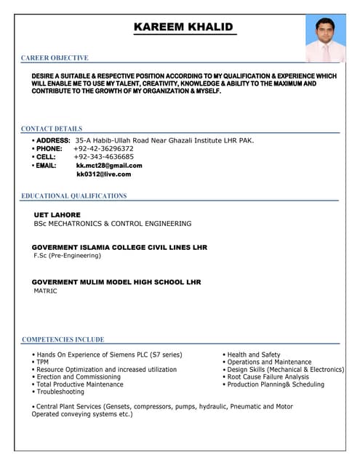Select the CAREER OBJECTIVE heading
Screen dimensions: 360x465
55,58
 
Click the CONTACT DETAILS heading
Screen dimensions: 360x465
52,129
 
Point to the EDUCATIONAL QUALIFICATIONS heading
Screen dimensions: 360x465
73,196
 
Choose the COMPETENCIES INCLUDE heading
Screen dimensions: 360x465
63,339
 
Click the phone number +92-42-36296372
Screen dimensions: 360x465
103,148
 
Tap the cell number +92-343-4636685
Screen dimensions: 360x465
103,157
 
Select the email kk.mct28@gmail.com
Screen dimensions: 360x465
109,166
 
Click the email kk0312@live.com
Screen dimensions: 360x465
103,174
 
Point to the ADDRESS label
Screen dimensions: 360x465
52,140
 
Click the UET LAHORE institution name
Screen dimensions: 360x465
57,215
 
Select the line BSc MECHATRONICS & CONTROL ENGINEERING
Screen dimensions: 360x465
113,224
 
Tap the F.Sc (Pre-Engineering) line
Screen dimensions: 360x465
68,256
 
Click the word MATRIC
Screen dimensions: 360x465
45,291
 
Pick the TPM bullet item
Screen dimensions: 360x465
42,362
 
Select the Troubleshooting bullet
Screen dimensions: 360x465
60,392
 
